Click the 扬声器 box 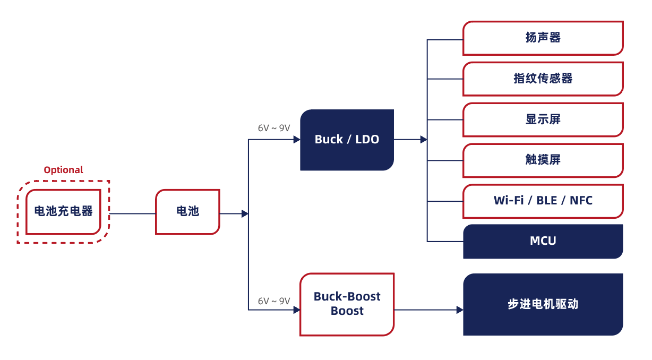point(543,38)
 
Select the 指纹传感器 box point(543,79)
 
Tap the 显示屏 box point(543,119)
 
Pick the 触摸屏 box point(543,160)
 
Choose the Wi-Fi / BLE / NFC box point(543,201)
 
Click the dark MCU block point(543,241)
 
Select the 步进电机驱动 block point(543,304)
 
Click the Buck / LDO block point(347,140)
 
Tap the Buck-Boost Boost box point(347,304)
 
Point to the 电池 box point(187,212)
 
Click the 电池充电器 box point(63,212)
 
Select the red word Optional point(63,170)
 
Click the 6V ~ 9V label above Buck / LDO point(274,128)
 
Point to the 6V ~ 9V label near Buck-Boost point(274,301)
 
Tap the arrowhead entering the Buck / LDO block point(297,140)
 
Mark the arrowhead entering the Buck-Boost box point(297,310)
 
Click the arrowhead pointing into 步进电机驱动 point(460,310)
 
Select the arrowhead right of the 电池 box point(245,213)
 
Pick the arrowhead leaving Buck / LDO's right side point(424,140)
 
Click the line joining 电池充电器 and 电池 point(132,213)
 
